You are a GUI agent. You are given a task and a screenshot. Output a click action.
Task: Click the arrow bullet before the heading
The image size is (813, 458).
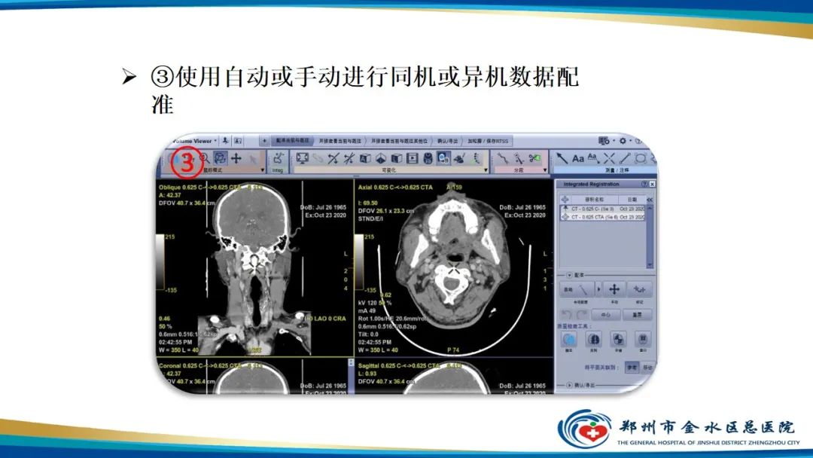[x=129, y=78]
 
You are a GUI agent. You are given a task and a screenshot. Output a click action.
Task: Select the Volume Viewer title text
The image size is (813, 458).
[x=192, y=141]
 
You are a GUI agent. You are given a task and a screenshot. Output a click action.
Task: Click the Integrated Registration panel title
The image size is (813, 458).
[x=591, y=184]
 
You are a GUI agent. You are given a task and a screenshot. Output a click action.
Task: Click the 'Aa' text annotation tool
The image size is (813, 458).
[x=578, y=158]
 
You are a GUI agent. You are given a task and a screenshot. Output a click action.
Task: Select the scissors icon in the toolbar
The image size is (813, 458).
[x=349, y=158]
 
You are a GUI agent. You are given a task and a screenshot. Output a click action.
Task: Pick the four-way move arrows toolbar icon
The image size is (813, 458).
[x=236, y=158]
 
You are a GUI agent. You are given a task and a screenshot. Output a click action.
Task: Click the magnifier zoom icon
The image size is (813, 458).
[x=203, y=158]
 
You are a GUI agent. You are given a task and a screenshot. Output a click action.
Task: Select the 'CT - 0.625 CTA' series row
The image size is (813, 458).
[x=602, y=217]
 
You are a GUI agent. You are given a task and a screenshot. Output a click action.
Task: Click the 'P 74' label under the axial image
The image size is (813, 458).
[x=453, y=350]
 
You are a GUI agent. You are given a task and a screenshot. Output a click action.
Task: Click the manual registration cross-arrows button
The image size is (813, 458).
[x=614, y=289]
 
